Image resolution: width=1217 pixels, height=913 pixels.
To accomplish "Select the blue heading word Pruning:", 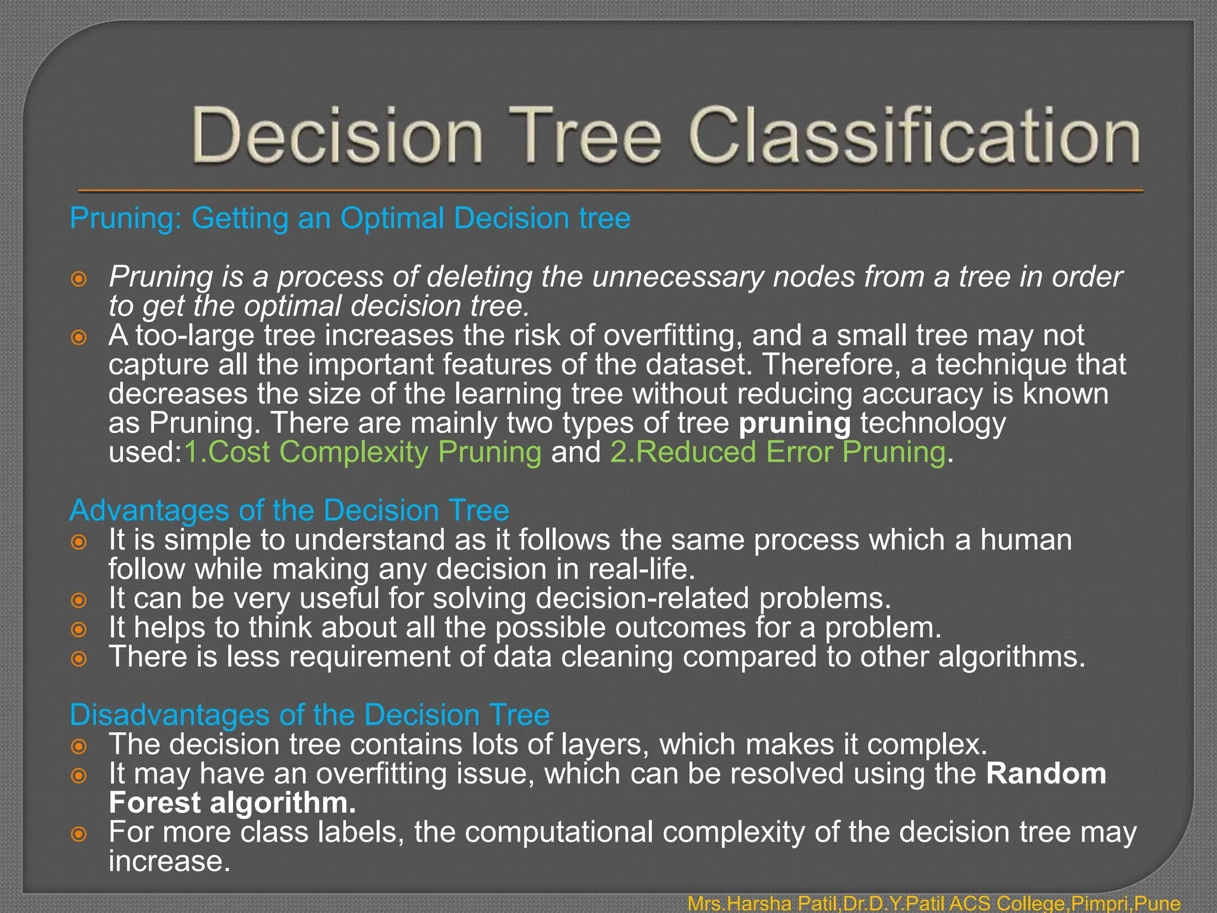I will click(x=125, y=218).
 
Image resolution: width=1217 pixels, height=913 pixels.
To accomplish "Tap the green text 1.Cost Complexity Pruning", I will click(x=362, y=452).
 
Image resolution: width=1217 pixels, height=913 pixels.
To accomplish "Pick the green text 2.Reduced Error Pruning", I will click(x=778, y=452).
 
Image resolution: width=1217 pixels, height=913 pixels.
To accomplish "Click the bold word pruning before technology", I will click(x=794, y=423).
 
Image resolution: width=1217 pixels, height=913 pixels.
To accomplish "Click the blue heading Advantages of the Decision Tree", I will click(x=289, y=510).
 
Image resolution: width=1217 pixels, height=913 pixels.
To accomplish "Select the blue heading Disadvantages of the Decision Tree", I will click(x=310, y=714).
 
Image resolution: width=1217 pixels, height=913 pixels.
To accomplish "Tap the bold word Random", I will click(x=1046, y=773).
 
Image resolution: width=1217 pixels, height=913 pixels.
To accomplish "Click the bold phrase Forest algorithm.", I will click(x=232, y=802).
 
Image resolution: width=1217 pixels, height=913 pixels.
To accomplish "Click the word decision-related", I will click(x=642, y=598).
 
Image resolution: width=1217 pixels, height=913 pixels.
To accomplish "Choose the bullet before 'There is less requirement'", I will click(x=78, y=659).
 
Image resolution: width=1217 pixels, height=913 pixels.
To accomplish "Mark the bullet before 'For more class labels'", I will click(x=78, y=834).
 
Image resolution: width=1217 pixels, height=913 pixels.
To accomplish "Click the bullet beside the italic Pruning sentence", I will click(x=78, y=279).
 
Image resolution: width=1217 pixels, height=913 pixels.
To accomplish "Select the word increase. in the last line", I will click(x=169, y=861).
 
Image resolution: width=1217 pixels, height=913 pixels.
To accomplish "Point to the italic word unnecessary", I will click(x=677, y=277).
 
